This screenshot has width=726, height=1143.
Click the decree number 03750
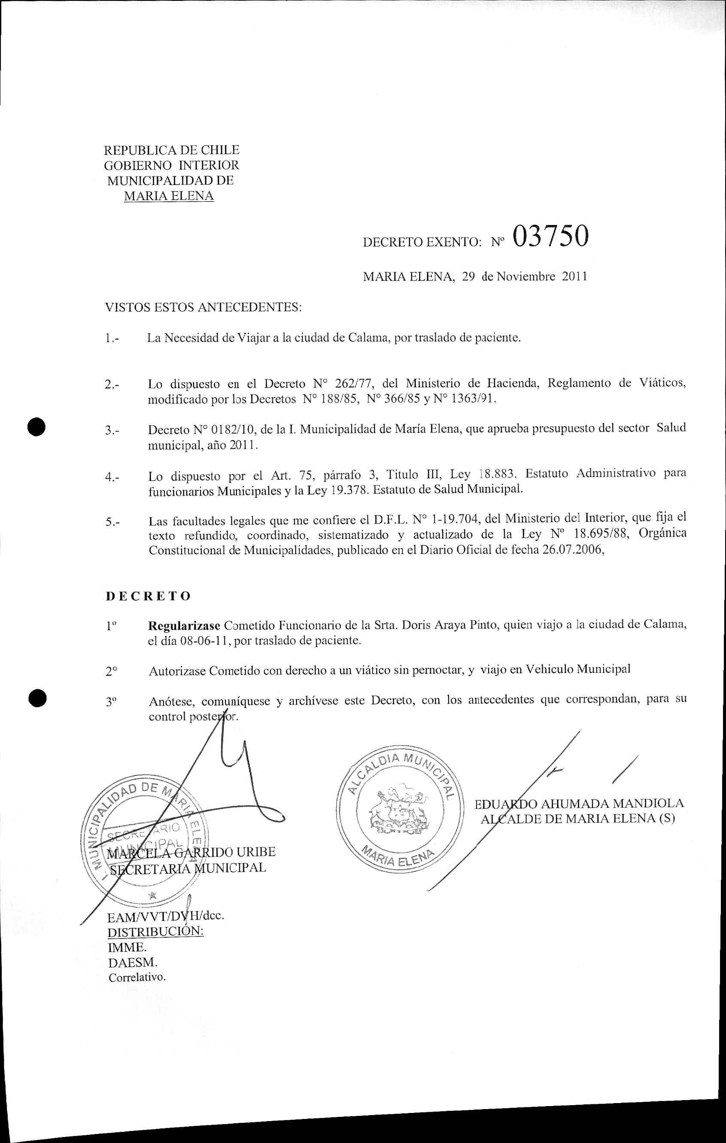tap(550, 236)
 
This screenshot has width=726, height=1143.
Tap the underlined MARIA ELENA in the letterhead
tap(168, 196)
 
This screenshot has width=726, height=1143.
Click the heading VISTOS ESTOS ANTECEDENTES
tap(203, 307)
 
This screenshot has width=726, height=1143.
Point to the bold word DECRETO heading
tap(148, 596)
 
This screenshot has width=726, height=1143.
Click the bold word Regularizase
tap(184, 625)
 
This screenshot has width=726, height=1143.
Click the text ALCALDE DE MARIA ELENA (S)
tap(577, 819)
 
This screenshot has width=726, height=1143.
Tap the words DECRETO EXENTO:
tap(423, 243)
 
